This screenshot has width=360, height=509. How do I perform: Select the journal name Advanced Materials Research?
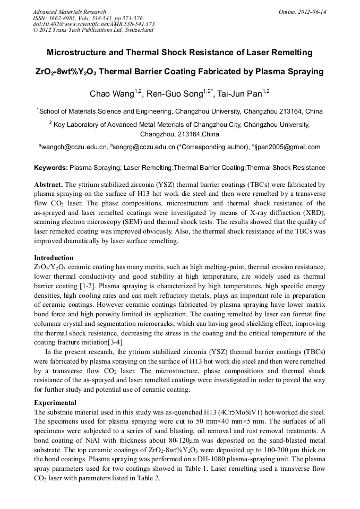point(69,12)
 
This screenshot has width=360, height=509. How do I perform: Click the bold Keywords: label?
point(51,168)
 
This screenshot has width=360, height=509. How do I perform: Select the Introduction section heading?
point(54,258)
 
